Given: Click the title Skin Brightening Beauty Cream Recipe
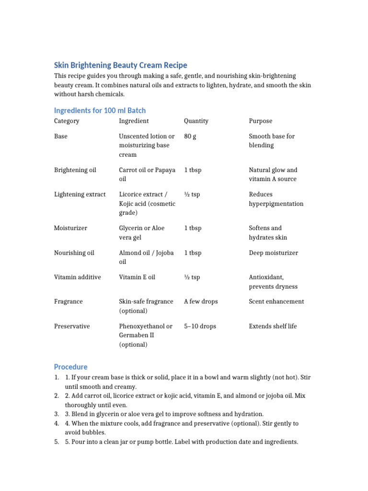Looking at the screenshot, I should [x=120, y=65].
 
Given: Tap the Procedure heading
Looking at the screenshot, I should [x=70, y=367].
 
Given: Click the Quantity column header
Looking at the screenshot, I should [x=196, y=121].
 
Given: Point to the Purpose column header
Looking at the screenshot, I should [x=260, y=121].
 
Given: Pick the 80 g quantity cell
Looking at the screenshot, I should [x=190, y=136].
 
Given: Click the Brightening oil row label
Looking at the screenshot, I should [x=75, y=170].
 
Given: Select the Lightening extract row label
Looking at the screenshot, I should [x=80, y=194].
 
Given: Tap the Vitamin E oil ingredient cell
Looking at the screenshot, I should [x=137, y=277].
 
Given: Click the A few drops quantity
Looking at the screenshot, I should [x=201, y=302].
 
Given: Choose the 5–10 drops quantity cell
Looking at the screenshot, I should [x=200, y=326].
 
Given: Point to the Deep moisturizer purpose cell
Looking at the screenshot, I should [x=273, y=253].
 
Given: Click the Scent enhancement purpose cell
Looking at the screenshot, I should [x=276, y=302].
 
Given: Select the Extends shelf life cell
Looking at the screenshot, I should [x=273, y=326].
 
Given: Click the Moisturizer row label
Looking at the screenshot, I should [x=70, y=228].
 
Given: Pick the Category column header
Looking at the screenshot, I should [x=67, y=121].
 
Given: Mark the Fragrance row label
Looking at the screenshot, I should [x=68, y=302].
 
